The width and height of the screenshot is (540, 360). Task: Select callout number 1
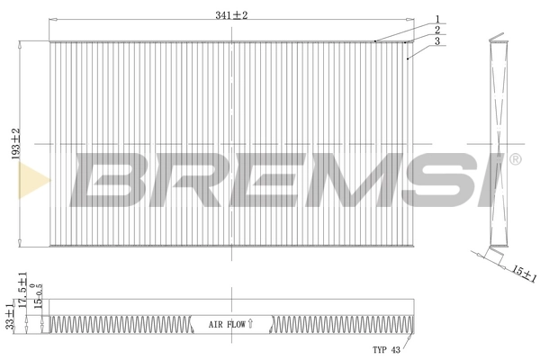coord(436,19)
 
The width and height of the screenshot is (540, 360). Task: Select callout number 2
coord(436,30)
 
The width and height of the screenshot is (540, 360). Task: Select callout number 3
coord(436,41)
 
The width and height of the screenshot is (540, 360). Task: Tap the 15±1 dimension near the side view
coord(517,273)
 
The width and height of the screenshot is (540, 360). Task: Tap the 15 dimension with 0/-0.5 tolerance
coord(39,304)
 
